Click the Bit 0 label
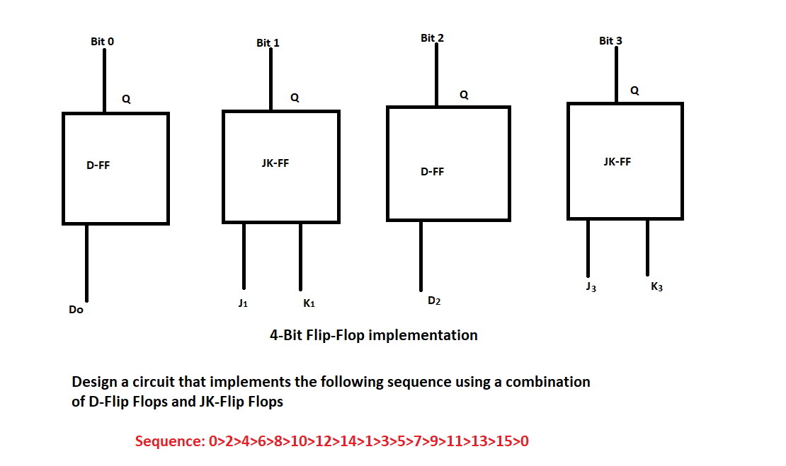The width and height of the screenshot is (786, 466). click(x=102, y=42)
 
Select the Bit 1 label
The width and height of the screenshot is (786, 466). click(x=268, y=43)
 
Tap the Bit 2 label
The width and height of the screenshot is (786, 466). click(x=432, y=37)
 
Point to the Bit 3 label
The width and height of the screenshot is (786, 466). click(x=610, y=41)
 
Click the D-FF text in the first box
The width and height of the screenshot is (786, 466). click(x=98, y=166)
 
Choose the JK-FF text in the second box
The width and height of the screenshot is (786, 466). click(x=275, y=163)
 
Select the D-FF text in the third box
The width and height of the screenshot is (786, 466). click(x=432, y=172)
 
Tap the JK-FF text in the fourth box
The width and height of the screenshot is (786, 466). click(x=617, y=161)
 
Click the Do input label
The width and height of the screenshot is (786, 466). click(x=76, y=310)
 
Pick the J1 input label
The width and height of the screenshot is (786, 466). click(x=243, y=303)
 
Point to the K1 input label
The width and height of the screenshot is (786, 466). click(x=309, y=303)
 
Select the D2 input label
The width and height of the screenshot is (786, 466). click(x=434, y=301)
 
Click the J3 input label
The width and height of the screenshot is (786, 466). click(x=591, y=288)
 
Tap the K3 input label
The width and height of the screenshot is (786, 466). click(x=656, y=287)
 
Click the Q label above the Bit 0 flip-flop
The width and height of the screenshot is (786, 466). click(x=126, y=100)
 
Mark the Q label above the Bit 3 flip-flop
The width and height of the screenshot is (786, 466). click(x=634, y=91)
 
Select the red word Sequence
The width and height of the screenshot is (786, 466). click(x=169, y=442)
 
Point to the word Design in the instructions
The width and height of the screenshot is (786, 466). click(x=94, y=382)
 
